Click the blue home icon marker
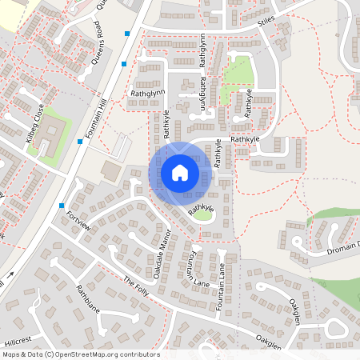point(179,172)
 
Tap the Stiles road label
point(266,25)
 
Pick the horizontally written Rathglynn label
point(146,94)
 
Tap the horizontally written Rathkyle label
point(246,138)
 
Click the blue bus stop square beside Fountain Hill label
point(80,142)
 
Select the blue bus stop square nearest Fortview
point(62,206)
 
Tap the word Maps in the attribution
point(12,354)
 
